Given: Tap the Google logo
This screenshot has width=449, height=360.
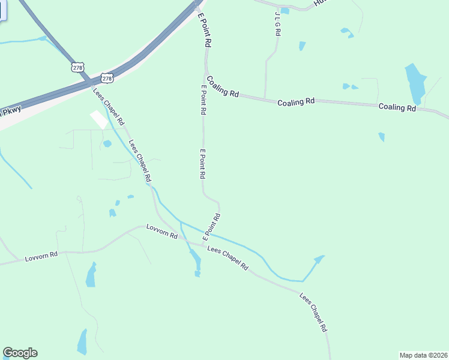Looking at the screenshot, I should [x=20, y=353].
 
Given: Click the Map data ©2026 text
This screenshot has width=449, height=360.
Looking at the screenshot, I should [x=423, y=355].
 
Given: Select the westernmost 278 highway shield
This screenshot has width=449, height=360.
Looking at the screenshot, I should [x=77, y=67].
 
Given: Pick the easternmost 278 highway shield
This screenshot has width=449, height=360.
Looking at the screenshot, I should [x=107, y=78].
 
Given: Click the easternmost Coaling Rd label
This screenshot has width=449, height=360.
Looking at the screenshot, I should [x=397, y=108].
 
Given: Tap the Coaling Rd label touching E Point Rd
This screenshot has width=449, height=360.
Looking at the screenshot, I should [x=223, y=86].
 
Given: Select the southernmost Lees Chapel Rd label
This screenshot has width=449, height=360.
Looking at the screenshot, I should [x=313, y=312].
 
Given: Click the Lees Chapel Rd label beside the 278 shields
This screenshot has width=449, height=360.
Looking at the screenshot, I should [x=109, y=106].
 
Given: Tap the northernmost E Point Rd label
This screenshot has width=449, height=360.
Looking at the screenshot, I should [x=204, y=31].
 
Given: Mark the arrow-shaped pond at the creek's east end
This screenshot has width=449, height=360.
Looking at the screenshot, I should [x=318, y=260].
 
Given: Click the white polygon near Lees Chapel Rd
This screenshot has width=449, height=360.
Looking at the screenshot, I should [x=99, y=119].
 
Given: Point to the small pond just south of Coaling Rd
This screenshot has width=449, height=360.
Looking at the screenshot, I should [x=382, y=137].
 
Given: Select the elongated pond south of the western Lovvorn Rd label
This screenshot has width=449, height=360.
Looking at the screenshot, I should [x=91, y=275].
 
